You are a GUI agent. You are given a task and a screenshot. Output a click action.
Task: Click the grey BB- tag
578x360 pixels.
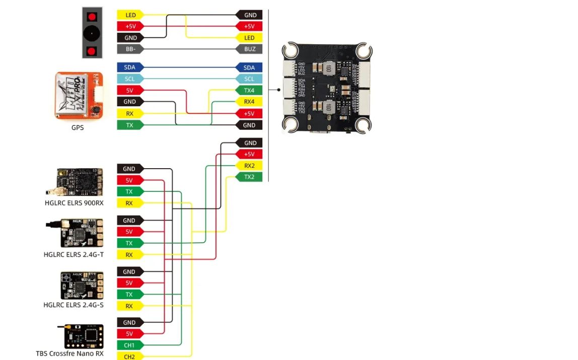point(130,49)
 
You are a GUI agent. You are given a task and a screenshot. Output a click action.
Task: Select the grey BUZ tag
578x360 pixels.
point(249,49)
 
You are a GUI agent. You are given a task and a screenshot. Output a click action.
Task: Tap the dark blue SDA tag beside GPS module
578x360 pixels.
point(130,67)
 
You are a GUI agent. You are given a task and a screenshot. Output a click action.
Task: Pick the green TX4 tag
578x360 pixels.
point(249,91)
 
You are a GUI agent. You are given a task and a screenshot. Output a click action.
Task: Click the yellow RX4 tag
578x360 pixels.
point(249,102)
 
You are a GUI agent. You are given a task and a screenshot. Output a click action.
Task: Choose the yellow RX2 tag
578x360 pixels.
point(249,166)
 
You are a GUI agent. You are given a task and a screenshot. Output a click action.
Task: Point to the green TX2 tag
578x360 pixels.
point(249,177)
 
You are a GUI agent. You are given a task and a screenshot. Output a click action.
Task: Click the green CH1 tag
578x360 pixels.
point(130,345)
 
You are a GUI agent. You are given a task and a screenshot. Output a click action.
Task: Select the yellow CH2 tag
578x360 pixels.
point(130,356)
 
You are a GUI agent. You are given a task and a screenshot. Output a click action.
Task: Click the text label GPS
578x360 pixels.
point(78,128)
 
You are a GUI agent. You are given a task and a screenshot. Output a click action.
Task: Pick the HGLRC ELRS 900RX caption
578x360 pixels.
point(74,203)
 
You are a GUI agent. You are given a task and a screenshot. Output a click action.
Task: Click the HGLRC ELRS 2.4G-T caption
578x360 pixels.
point(74,254)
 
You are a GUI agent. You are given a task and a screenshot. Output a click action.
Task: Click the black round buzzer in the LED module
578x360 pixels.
point(92,33)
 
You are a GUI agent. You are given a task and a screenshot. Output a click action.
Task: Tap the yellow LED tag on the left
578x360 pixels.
point(130,15)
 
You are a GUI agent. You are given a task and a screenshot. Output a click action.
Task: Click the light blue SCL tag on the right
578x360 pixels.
point(249,79)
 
